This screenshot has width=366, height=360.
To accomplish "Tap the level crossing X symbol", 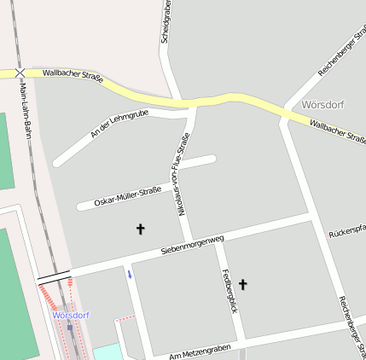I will [20, 74].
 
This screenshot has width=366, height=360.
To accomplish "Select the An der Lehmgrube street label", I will [119, 124].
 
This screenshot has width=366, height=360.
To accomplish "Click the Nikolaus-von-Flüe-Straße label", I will [182, 175].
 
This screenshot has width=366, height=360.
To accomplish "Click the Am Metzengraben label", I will [200, 351].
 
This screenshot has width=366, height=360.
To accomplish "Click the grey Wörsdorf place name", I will [322, 104].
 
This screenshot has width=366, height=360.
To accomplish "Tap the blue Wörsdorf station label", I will [70, 315].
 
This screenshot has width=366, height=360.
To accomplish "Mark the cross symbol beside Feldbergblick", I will [243, 284].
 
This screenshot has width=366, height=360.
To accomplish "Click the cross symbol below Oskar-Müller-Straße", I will [141, 229].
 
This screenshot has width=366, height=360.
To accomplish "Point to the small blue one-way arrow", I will [130, 274].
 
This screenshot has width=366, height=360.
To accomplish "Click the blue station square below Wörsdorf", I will [70, 327].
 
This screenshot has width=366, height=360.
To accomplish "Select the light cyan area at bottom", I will [107, 352].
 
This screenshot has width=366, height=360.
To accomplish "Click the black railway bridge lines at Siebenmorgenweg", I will [53, 276].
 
